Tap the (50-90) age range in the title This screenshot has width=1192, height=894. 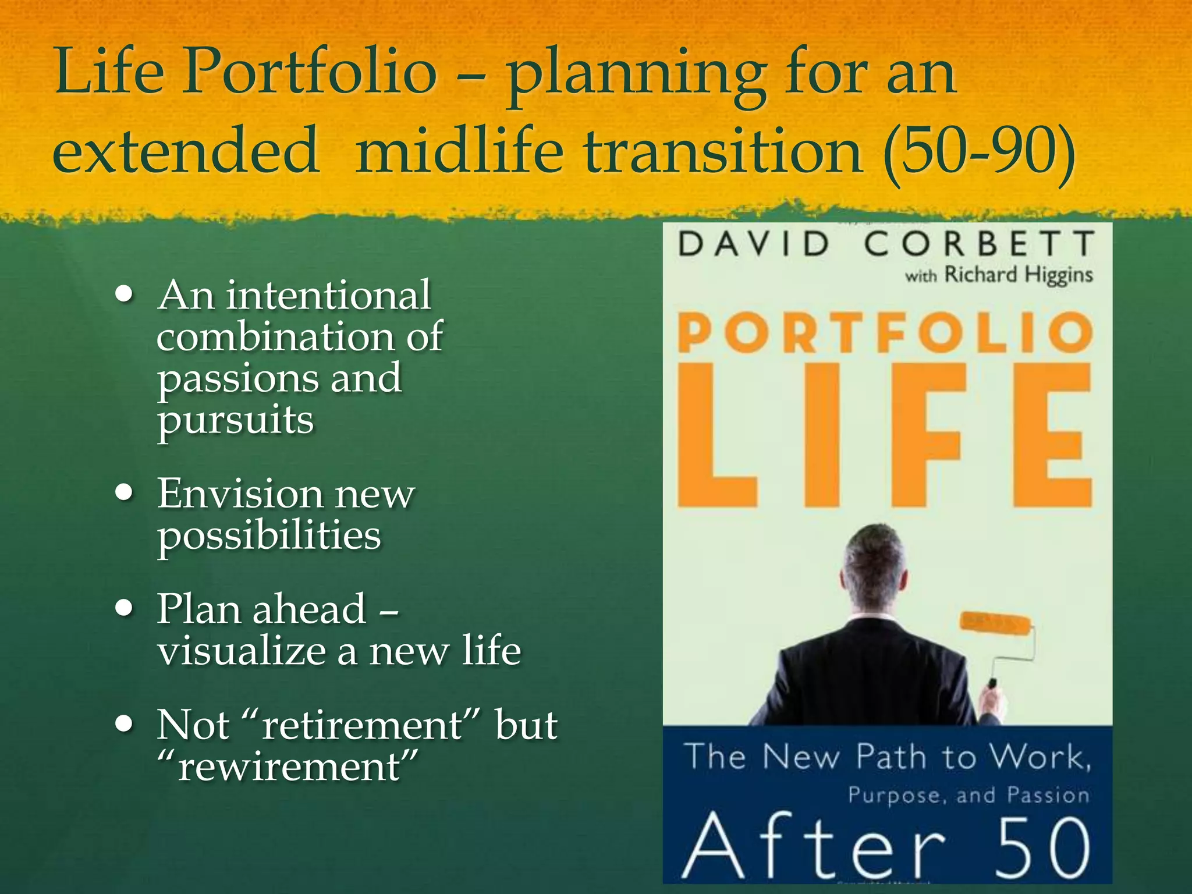[978, 152]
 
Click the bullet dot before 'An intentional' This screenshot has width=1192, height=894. [124, 295]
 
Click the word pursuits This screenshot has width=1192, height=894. [235, 420]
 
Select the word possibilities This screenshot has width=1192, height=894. [269, 535]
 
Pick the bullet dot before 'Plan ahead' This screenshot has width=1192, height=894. [124, 609]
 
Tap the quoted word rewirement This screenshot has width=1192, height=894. [289, 767]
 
